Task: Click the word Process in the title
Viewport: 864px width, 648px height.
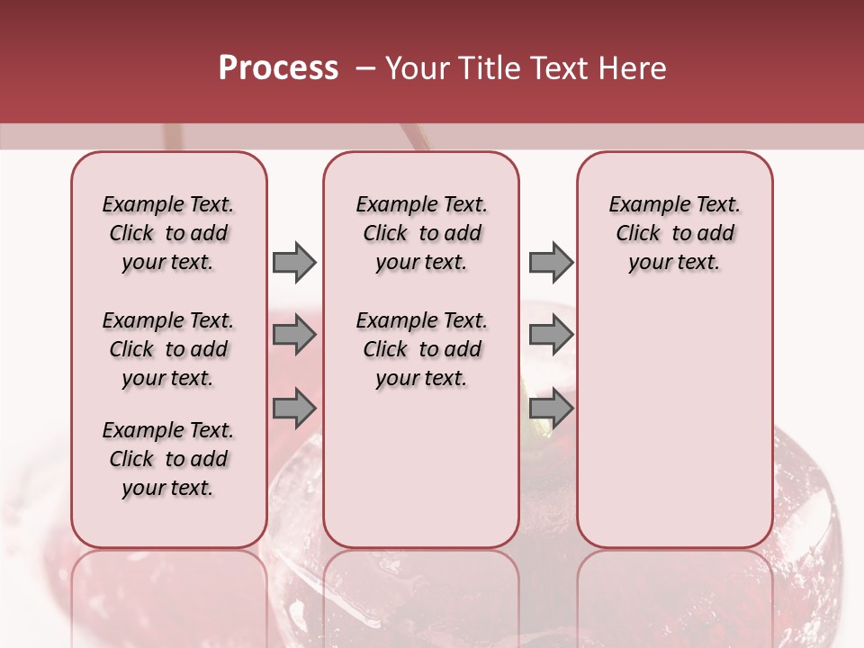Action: point(278,68)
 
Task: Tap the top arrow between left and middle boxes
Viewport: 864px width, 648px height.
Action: point(294,262)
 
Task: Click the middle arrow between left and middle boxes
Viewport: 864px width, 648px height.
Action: point(294,336)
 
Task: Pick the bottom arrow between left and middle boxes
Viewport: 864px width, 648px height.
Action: point(294,409)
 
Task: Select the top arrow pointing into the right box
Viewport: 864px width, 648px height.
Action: point(551,262)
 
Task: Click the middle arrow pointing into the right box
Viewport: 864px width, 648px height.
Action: point(551,336)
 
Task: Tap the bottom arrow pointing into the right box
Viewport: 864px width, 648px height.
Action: point(551,409)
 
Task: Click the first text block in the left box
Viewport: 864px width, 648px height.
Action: point(168,233)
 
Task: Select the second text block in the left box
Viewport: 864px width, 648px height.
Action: point(168,349)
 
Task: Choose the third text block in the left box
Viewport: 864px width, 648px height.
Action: point(168,459)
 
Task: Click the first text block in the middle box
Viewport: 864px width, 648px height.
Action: point(421,233)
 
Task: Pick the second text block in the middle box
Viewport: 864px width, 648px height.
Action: point(421,349)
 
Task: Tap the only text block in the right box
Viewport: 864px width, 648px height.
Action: point(674,233)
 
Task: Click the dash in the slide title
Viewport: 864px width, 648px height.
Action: point(364,68)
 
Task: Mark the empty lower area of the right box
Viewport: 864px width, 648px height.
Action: point(674,423)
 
